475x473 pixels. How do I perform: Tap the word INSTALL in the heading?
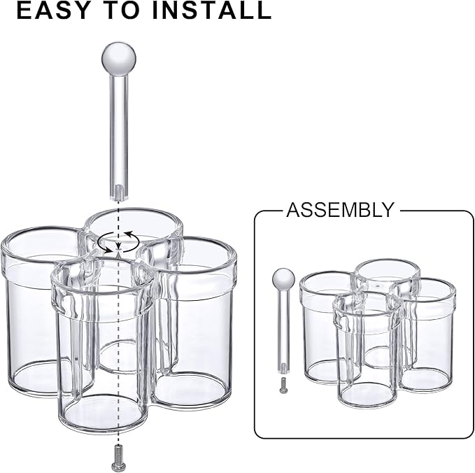coord(211,10)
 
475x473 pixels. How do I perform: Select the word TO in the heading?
coord(122,10)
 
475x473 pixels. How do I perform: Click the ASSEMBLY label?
coord(340,210)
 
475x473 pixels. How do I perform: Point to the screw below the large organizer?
coord(118,457)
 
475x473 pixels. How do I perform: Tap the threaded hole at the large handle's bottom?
coord(119,192)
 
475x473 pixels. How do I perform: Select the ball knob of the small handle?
coord(283,280)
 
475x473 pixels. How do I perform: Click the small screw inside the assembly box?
coord(283,385)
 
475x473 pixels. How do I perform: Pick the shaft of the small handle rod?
coord(283,330)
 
